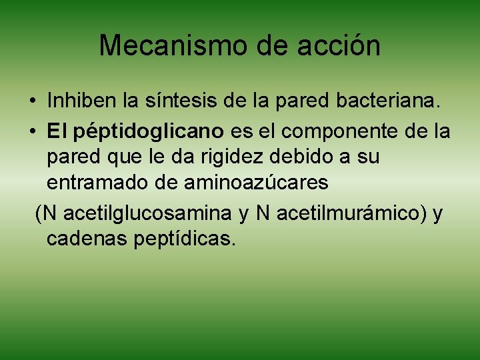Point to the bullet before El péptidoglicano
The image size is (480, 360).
[33, 131]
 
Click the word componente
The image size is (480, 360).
[337, 131]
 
